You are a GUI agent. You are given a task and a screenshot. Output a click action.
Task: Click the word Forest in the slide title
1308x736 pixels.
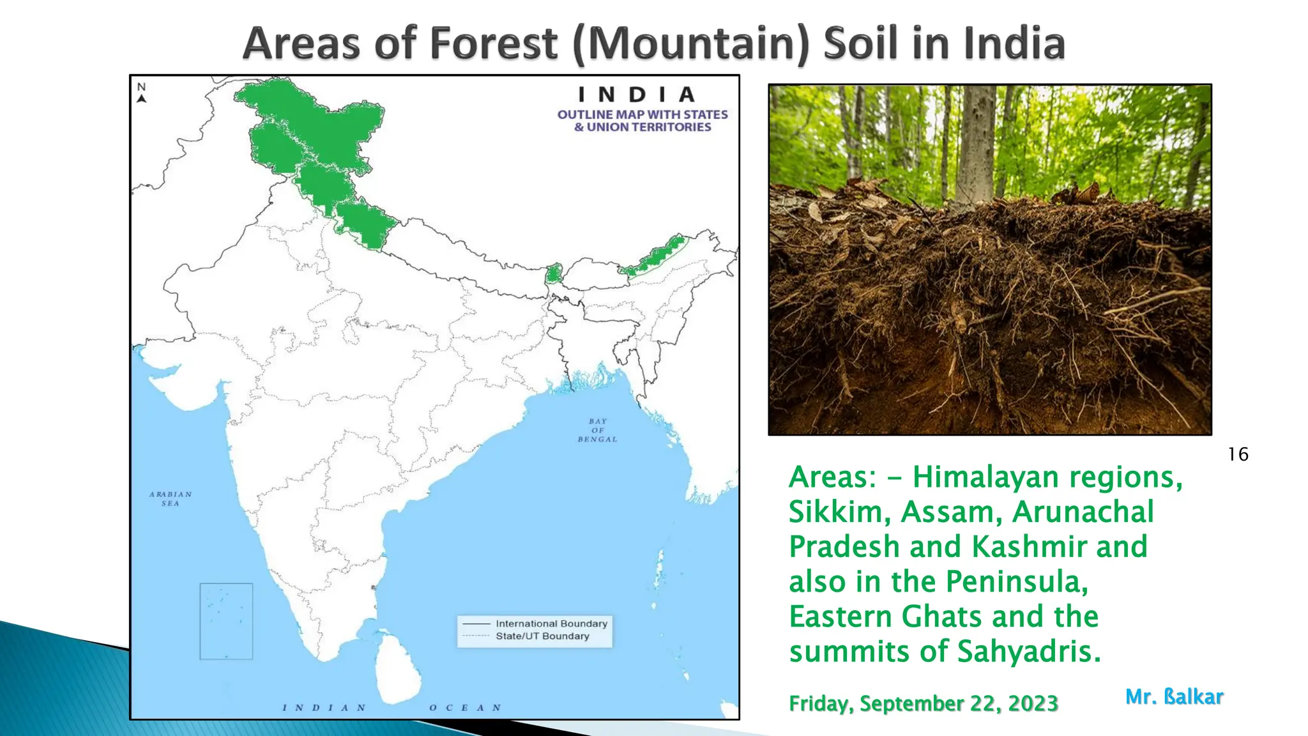coord(494,43)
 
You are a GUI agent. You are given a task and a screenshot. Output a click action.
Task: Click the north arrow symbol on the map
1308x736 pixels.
coord(142,93)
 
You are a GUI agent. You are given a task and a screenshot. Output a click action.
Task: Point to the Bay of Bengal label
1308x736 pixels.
coord(597,431)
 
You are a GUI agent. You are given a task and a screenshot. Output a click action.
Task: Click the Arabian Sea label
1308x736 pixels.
coord(171,499)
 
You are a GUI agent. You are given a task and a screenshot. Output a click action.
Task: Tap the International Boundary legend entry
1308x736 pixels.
coord(551,624)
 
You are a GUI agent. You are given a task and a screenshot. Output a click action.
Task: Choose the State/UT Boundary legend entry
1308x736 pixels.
coord(542,636)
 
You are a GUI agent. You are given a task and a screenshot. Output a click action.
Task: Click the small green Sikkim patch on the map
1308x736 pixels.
coord(553,273)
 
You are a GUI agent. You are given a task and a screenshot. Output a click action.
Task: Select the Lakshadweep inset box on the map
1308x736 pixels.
coord(226,621)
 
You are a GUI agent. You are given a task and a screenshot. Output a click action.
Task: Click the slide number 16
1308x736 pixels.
coord(1238,455)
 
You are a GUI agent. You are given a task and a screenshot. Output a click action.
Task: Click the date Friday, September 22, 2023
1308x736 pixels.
coord(924,703)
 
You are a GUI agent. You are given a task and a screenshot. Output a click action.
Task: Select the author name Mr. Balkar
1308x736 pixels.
coord(1174,697)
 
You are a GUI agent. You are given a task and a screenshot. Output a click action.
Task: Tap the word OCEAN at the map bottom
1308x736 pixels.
coord(465,708)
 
